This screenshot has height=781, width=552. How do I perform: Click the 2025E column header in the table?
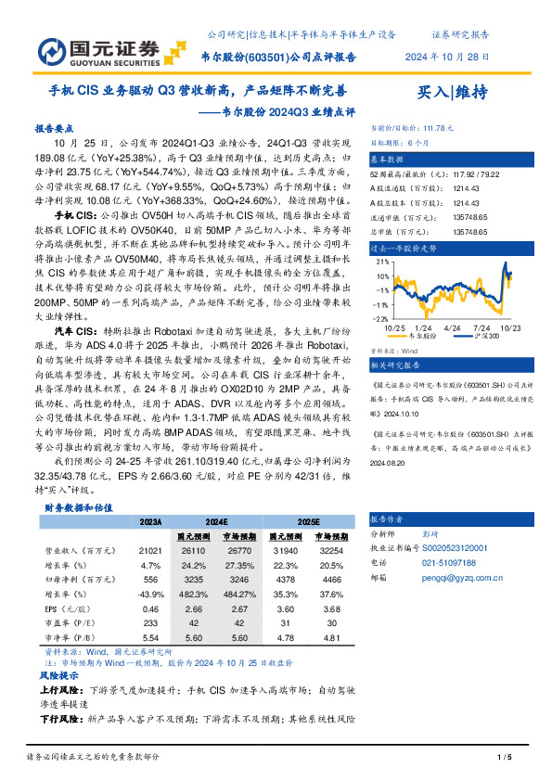[x=310, y=521]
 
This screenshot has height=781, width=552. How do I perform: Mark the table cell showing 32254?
[x=333, y=549]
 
